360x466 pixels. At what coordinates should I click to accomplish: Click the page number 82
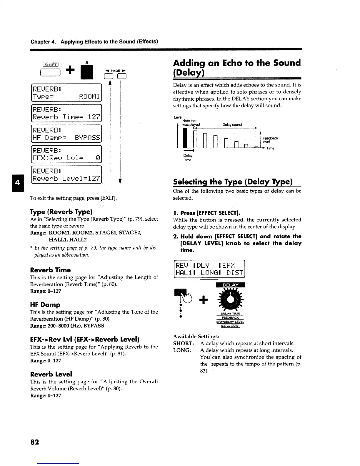(x=34, y=442)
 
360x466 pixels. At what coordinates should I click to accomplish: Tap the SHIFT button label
(x=51, y=65)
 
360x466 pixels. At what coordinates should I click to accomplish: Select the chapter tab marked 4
(x=17, y=182)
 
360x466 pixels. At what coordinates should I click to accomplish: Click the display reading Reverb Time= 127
(x=66, y=113)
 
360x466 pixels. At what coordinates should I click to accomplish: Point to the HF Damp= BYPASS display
(x=66, y=134)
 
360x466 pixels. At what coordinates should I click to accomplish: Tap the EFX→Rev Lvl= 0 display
(x=66, y=154)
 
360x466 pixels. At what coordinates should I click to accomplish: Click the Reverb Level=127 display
(x=66, y=175)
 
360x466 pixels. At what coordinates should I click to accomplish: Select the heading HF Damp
(x=45, y=304)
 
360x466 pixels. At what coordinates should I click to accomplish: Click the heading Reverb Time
(x=50, y=270)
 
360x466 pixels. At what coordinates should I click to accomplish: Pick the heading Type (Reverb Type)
(x=61, y=212)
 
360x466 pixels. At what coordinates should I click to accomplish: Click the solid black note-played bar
(x=185, y=138)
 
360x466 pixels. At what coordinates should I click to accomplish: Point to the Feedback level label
(x=270, y=140)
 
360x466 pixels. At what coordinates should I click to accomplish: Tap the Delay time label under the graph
(x=188, y=158)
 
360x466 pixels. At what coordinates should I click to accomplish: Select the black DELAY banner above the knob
(x=230, y=285)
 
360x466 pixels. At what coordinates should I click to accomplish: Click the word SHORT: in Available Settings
(x=183, y=343)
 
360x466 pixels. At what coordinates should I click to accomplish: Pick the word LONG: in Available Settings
(x=182, y=350)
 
